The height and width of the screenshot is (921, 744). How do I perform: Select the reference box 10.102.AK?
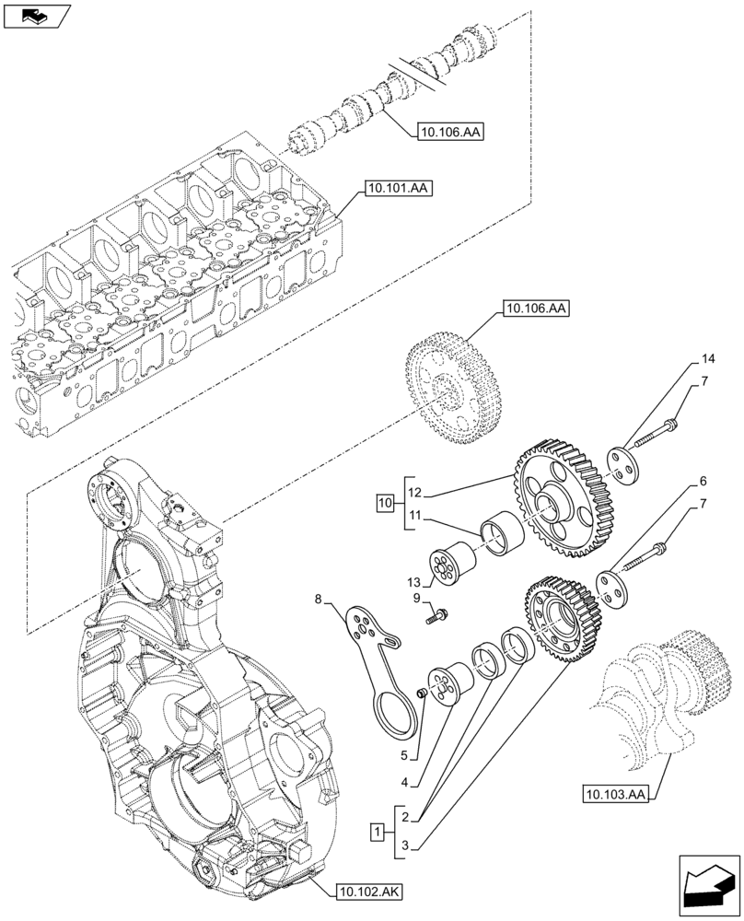coord(368,891)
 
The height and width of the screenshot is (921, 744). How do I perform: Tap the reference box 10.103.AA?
coord(614,792)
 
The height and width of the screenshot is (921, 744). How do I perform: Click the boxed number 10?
coord(384,502)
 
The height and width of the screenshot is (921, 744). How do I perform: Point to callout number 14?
coord(707,358)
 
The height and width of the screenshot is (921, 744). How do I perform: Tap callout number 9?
coord(416,599)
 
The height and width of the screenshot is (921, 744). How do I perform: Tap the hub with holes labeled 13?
coord(450,563)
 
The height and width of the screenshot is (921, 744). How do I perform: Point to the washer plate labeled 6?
coord(610,587)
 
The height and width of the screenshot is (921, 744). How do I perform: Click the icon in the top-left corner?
coord(37,15)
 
